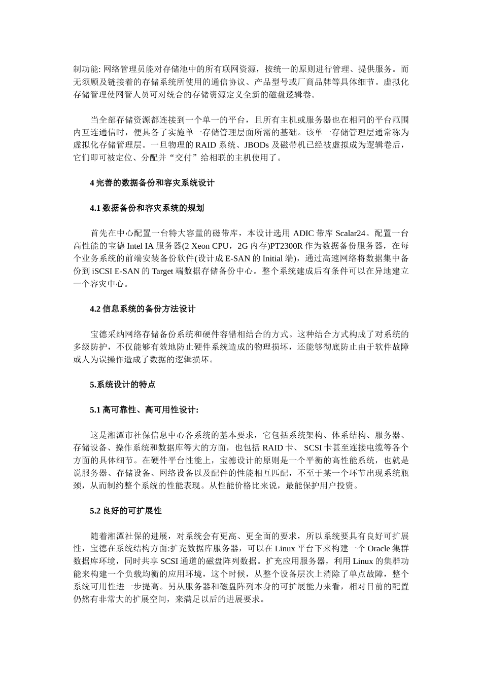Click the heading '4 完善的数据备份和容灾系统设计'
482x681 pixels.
152,183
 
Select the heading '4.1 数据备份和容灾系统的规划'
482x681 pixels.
147,208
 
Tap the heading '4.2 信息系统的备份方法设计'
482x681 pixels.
143,309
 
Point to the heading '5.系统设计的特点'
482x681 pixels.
122,385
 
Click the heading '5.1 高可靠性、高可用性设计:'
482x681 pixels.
144,410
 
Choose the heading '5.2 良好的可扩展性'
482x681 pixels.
125,511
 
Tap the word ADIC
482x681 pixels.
304,234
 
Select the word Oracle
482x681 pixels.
378,549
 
